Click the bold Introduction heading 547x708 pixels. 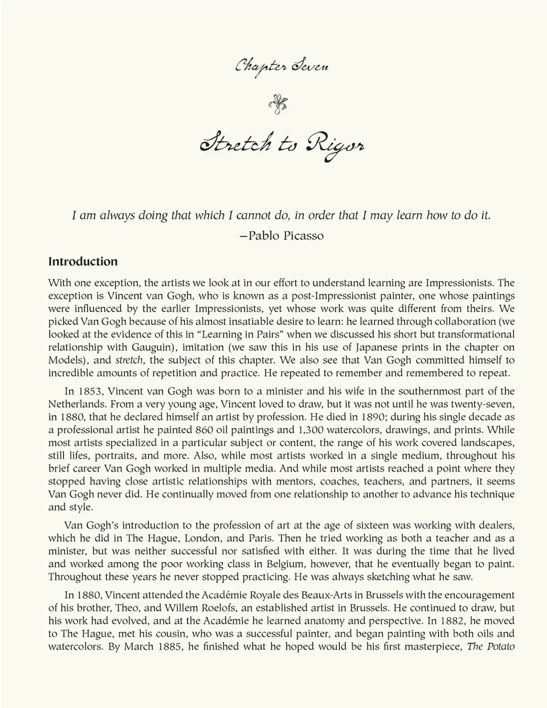point(83,262)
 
